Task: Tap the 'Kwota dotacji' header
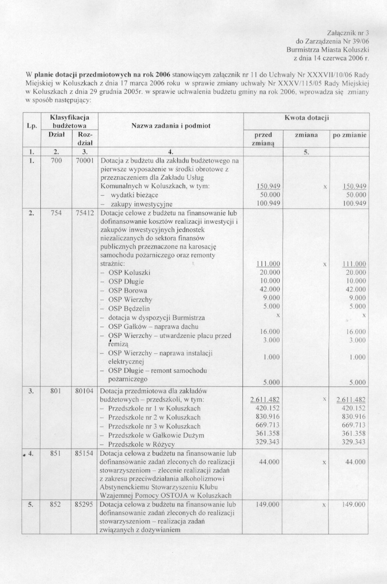307,118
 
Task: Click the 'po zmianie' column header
349,135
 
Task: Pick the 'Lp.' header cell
31,126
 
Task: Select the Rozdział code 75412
84,212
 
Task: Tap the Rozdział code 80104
84,391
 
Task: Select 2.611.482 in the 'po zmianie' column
351,400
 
